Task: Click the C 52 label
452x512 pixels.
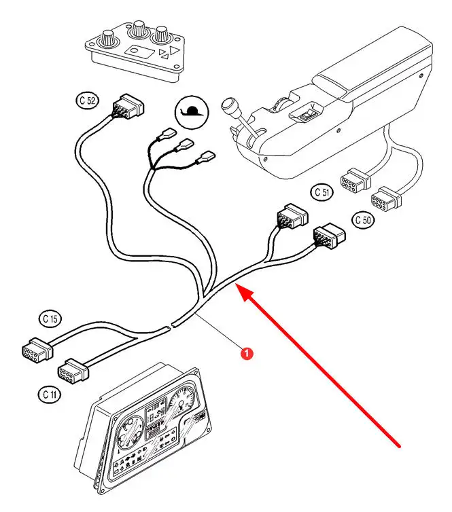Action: coord(87,101)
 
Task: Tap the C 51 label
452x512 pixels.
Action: coord(324,192)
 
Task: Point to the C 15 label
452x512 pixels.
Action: coord(50,318)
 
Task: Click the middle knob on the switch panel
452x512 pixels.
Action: coord(139,29)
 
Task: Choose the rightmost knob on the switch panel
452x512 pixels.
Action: coord(162,33)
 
